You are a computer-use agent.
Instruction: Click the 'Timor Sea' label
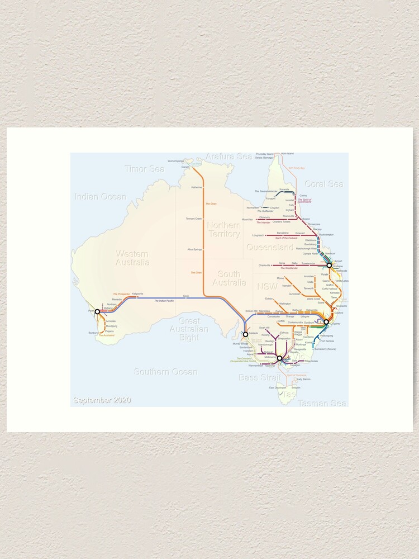[144, 169]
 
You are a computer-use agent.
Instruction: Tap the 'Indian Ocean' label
[101, 197]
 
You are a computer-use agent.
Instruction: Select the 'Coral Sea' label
[323, 184]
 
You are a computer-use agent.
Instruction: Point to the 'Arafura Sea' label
[228, 157]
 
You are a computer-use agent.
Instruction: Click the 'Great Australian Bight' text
[189, 329]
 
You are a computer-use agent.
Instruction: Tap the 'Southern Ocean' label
[165, 372]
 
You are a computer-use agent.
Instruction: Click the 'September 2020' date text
[102, 400]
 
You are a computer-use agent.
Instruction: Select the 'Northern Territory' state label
[223, 229]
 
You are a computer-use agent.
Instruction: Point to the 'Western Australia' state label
[132, 258]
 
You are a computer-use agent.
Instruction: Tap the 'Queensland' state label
[269, 247]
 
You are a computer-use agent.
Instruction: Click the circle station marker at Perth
[97, 312]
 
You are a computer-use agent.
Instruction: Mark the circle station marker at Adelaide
[245, 334]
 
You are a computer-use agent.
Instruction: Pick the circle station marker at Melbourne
[279, 358]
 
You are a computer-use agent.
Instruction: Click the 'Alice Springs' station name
[194, 249]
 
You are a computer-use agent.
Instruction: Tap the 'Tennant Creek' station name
[194, 219]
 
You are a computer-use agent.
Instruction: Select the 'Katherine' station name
[196, 187]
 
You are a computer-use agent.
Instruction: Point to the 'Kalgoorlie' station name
[137, 293]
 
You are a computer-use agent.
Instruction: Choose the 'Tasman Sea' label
[321, 403]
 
